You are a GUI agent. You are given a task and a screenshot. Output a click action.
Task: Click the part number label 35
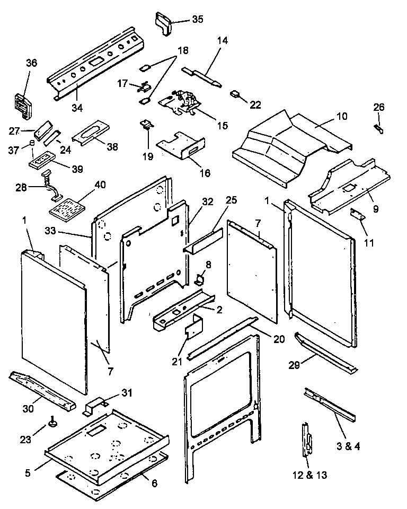(x=197, y=20)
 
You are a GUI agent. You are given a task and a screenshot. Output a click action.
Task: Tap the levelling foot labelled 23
(x=54, y=422)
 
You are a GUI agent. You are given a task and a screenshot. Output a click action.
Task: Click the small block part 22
(x=235, y=95)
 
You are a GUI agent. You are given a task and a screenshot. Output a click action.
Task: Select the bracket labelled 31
(x=94, y=405)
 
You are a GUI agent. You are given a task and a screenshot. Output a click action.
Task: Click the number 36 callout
(x=31, y=63)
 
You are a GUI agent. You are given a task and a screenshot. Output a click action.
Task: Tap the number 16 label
(x=205, y=173)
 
